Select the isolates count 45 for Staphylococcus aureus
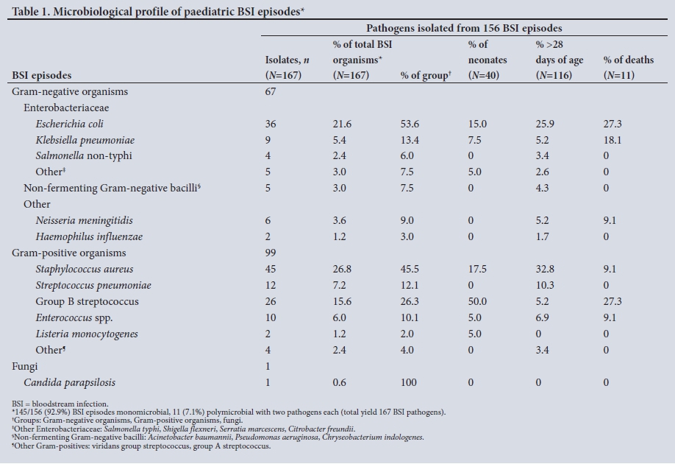271,270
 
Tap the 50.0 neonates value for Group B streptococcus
478,302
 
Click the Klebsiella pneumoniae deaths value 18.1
612,140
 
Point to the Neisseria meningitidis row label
84,221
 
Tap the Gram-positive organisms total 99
271,253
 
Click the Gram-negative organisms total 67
271,91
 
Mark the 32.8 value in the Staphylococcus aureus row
545,270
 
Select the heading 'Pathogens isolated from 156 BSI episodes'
464,28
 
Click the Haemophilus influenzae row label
89,237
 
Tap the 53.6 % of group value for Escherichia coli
407,124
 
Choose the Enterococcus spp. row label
74,318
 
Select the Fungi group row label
24,367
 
